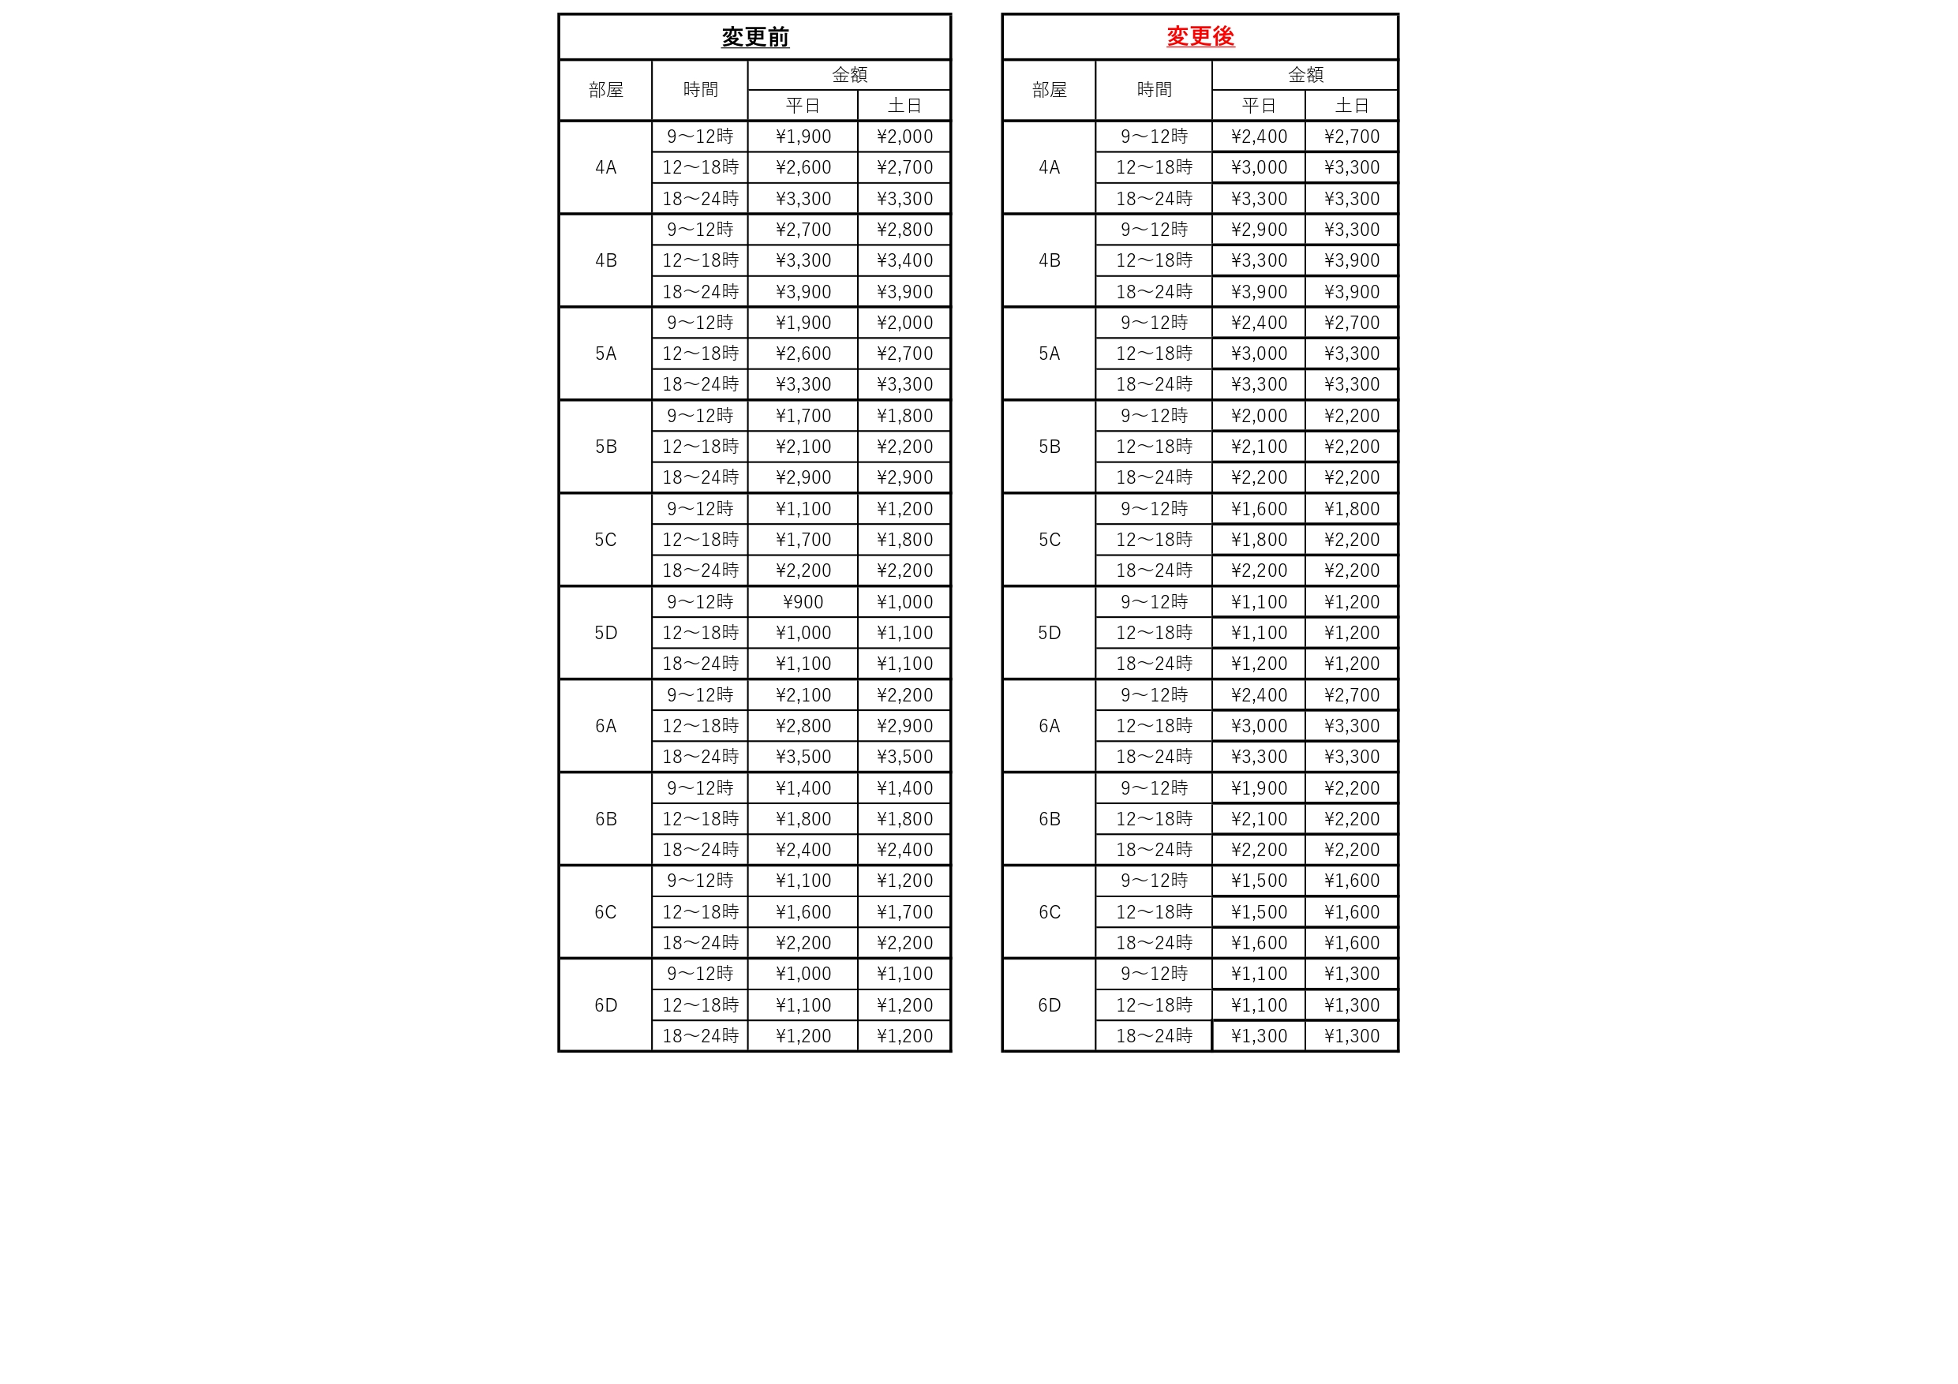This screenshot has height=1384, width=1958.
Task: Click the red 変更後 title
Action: (x=1200, y=36)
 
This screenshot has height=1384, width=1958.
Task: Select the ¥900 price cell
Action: (x=803, y=602)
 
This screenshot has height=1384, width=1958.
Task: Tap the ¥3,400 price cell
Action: (x=904, y=260)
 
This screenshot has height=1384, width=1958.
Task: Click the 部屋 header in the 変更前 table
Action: (x=605, y=89)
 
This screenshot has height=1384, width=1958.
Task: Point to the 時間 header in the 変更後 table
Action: (x=1154, y=89)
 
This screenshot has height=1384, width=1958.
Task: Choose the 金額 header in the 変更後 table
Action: (x=1305, y=75)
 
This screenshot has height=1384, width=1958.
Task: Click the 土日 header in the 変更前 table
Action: (x=904, y=106)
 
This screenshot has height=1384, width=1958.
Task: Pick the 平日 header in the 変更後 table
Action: (x=1259, y=106)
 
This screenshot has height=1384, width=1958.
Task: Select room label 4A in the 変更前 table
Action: (x=605, y=167)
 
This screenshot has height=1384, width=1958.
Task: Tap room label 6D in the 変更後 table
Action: (x=1049, y=1005)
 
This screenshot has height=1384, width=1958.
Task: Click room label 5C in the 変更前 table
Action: (x=605, y=540)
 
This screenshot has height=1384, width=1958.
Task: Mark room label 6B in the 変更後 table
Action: (x=1049, y=818)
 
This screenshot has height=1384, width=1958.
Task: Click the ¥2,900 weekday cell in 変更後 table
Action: (x=1259, y=230)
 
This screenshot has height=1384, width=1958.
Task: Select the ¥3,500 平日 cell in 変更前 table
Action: (x=803, y=757)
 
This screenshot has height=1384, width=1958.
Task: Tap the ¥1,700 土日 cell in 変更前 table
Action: (x=904, y=911)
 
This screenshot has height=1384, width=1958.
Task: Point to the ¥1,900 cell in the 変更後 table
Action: (x=1259, y=788)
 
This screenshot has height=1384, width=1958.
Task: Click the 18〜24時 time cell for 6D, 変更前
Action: (x=700, y=1036)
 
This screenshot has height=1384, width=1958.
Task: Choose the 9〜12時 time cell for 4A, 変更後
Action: (x=1154, y=137)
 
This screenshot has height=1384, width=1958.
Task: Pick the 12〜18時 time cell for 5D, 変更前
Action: (x=700, y=633)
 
